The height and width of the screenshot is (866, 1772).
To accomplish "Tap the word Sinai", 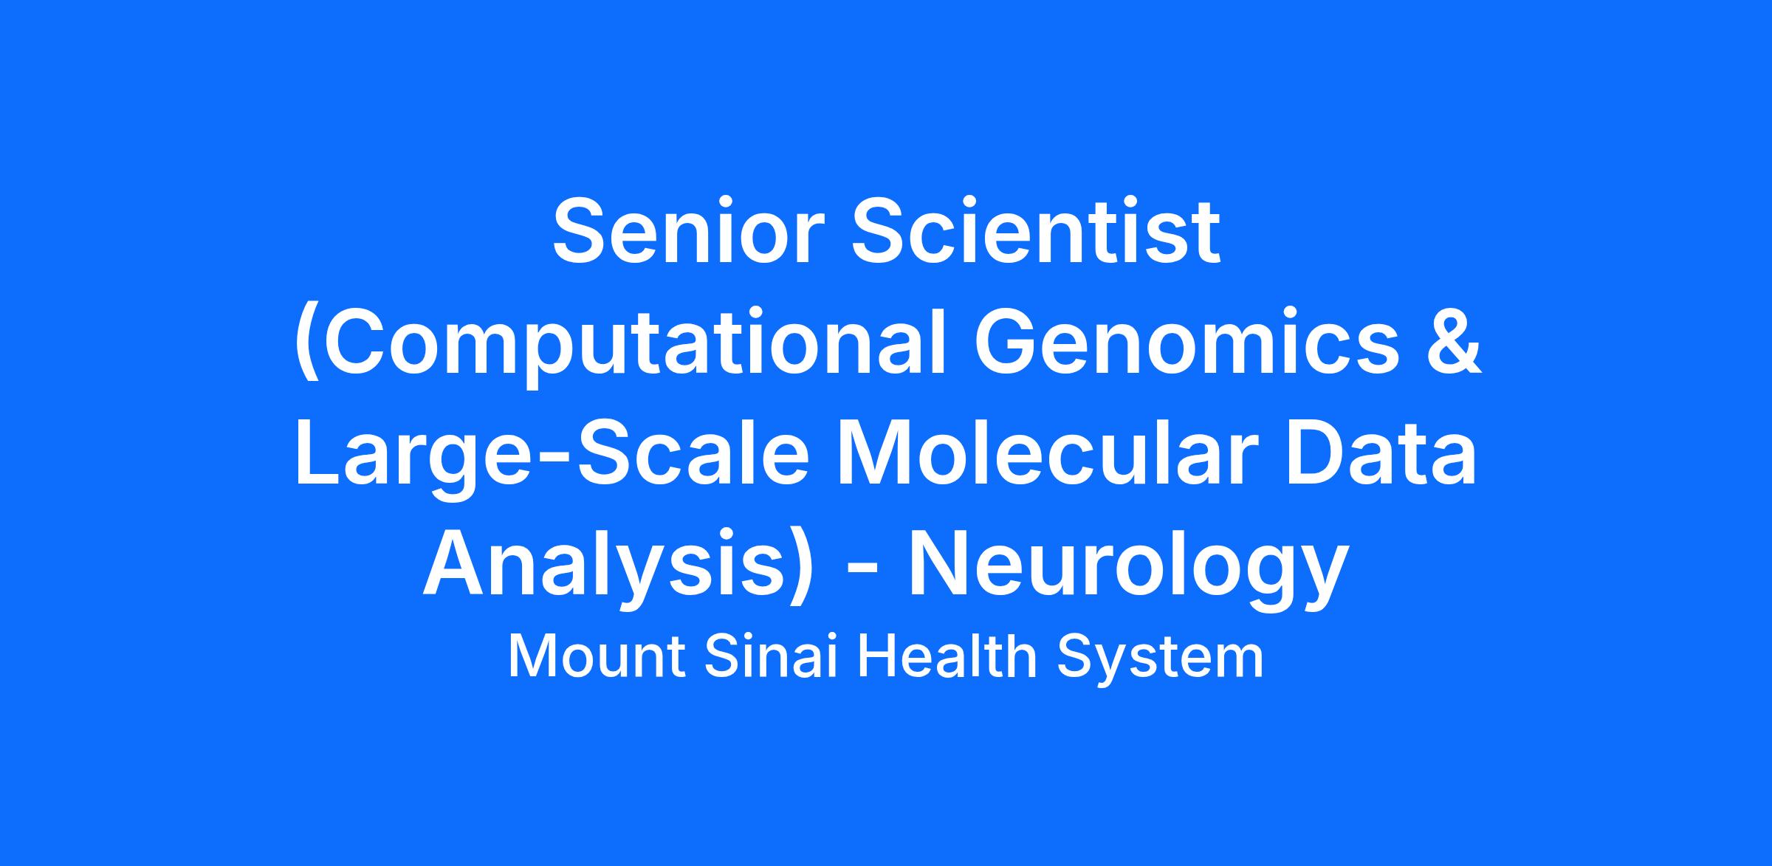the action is [772, 656].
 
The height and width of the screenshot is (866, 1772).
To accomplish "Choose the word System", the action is [1160, 659].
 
